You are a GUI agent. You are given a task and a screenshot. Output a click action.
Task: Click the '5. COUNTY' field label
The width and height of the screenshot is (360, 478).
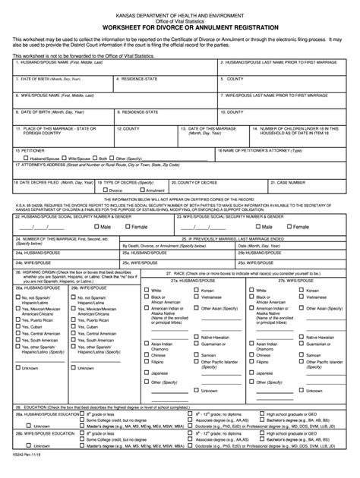[235, 78]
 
